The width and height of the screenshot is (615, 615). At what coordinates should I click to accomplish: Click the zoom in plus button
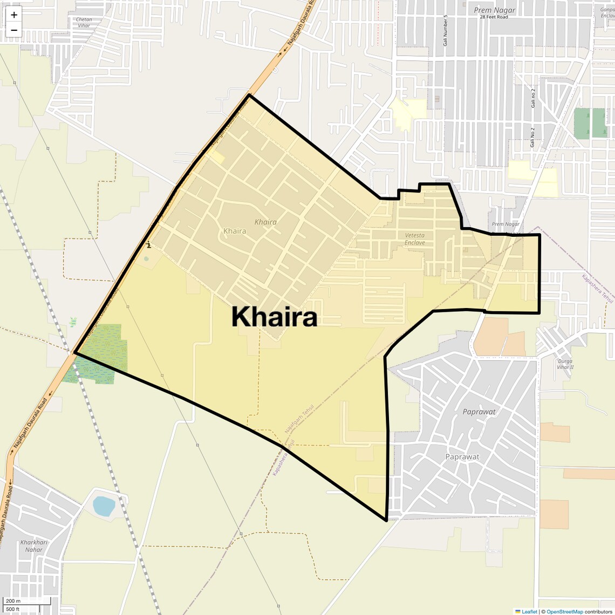(14, 15)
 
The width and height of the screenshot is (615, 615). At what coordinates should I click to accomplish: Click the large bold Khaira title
(274, 317)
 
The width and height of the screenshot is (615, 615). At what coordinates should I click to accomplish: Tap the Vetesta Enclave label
(414, 239)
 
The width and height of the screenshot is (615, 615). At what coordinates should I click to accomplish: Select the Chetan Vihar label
(84, 23)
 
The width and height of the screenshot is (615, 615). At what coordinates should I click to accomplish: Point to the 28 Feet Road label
(494, 17)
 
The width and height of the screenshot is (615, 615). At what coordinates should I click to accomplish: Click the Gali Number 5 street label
(446, 30)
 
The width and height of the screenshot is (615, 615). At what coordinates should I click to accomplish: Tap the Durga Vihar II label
(565, 364)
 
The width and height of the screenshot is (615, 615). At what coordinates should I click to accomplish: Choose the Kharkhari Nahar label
(34, 546)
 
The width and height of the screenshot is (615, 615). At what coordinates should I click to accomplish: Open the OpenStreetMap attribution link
(564, 611)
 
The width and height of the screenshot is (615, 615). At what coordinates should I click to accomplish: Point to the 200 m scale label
(13, 601)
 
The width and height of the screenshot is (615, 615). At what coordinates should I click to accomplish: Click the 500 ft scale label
(13, 610)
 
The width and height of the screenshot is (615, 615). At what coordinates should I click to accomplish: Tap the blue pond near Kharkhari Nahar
(104, 506)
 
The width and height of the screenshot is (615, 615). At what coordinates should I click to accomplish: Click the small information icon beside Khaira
(148, 245)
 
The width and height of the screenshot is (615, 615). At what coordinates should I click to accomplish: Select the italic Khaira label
(265, 222)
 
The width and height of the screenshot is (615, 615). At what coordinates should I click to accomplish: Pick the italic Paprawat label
(479, 412)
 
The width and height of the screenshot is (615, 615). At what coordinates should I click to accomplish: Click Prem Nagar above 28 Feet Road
(494, 10)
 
